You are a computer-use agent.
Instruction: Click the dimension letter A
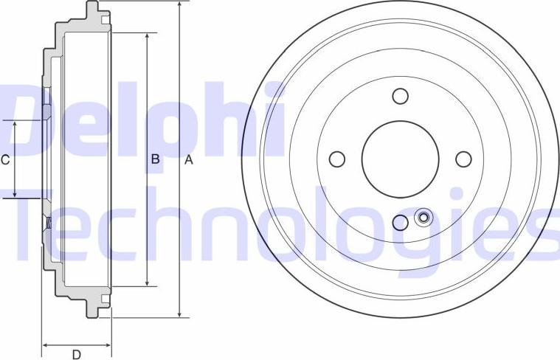tap(188, 160)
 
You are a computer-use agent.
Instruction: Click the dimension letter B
tap(156, 159)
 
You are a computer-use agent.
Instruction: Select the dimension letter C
tap(4, 159)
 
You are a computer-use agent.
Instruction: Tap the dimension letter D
tap(76, 353)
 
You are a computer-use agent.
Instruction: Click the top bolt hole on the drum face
tap(400, 96)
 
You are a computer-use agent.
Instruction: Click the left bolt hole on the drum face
tap(336, 159)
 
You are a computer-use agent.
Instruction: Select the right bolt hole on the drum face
tap(463, 159)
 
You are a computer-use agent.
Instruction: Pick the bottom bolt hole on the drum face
tap(400, 222)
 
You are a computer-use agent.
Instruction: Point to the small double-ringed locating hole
tap(424, 217)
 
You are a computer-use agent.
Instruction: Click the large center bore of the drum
tap(400, 159)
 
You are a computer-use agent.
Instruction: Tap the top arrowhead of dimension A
tap(180, 5)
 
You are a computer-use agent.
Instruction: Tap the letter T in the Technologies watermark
tap(37, 221)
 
